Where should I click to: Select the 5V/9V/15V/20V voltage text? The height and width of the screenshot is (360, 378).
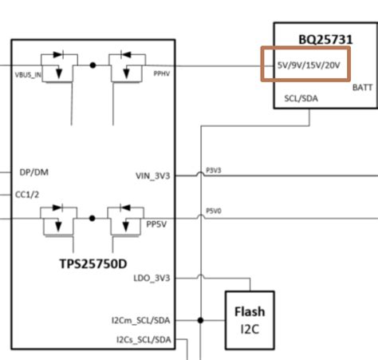pos(308,65)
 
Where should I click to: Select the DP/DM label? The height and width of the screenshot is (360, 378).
pos(31,172)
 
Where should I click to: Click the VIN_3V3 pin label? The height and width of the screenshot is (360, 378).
pos(154,176)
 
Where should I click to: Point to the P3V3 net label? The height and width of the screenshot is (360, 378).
pos(214,169)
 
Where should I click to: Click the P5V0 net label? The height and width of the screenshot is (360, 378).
pos(214,211)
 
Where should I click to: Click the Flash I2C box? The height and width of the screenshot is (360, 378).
pos(248,318)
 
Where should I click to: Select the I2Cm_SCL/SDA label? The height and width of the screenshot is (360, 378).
pos(142,320)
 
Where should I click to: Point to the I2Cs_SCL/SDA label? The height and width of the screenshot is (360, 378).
pos(143,340)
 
